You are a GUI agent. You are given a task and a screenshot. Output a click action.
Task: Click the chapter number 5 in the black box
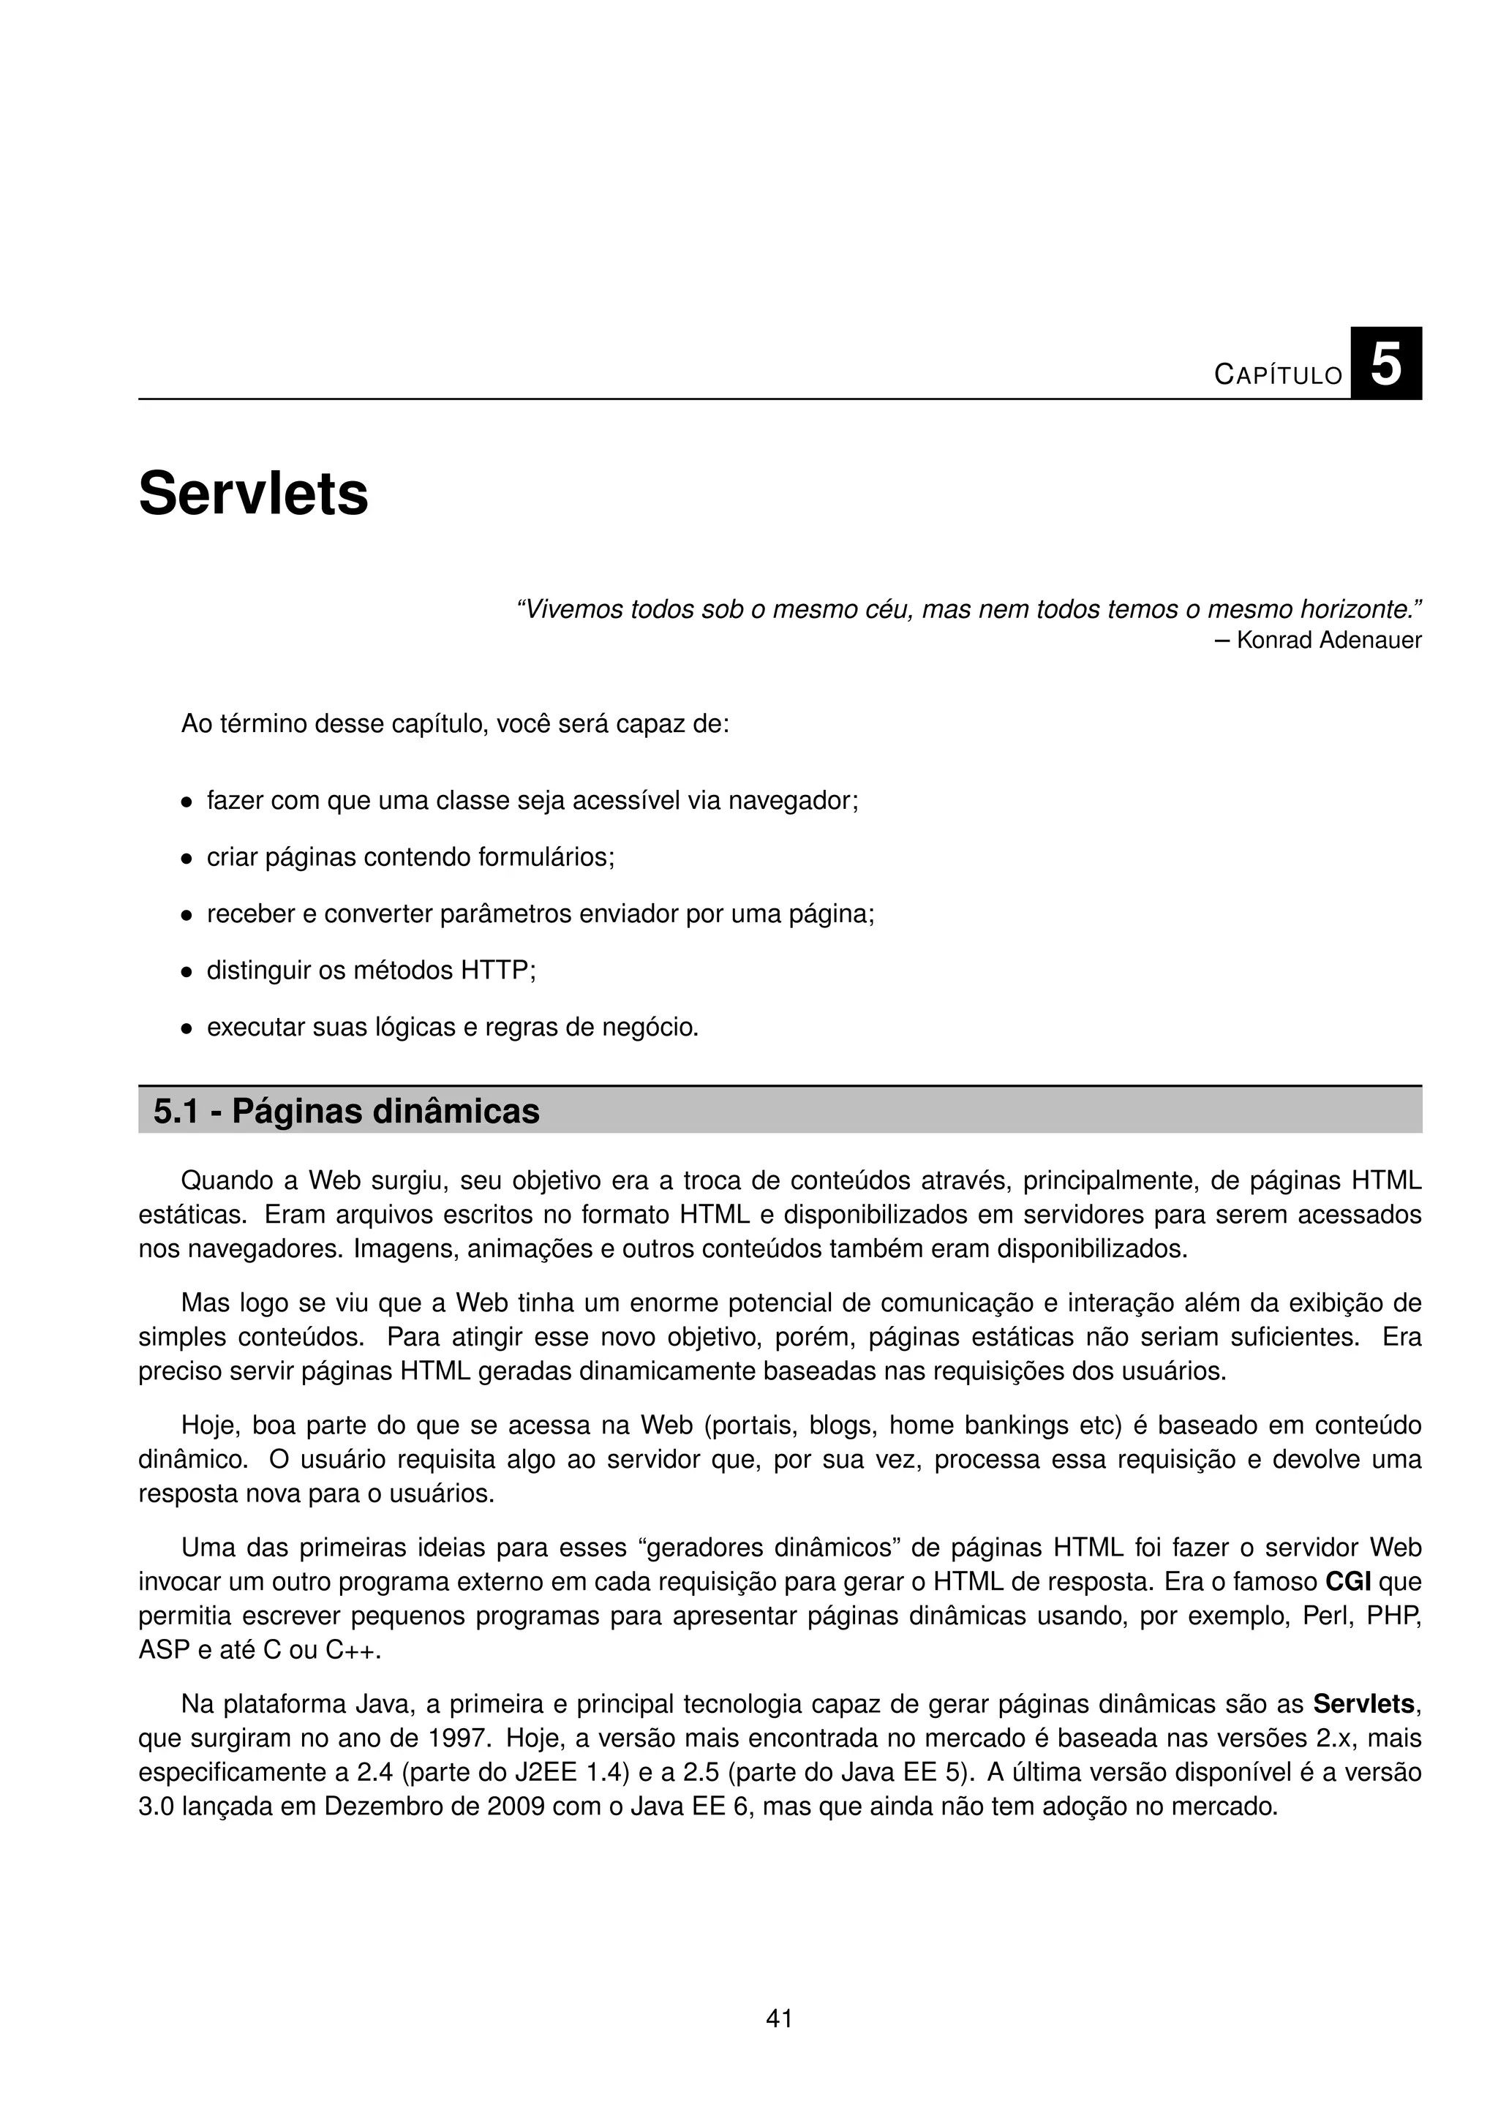1385,364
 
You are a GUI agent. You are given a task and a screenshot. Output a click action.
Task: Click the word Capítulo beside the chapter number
1279,374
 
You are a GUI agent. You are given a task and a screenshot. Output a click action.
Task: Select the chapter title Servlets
253,494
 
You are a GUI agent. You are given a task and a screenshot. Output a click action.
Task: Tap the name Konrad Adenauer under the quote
1328,640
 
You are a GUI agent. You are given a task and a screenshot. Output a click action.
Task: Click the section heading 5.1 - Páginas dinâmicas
346,1111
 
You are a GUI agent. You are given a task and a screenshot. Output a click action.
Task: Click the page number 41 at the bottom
780,2019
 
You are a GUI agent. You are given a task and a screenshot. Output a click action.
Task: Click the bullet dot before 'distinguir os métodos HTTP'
187,972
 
